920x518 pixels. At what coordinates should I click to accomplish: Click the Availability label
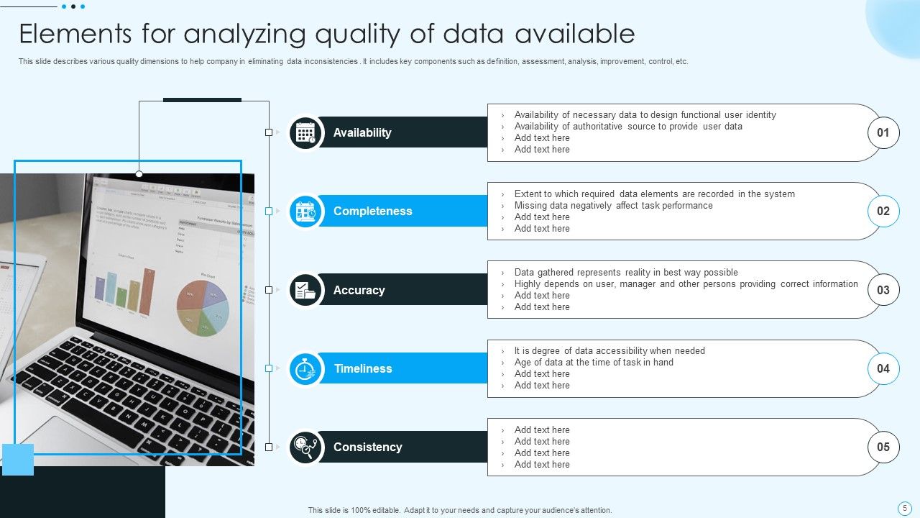[362, 132]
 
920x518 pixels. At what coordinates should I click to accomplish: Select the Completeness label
[372, 211]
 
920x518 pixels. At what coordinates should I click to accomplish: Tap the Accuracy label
[359, 290]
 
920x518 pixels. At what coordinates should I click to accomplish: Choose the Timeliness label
[363, 368]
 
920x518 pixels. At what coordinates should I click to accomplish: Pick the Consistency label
[367, 447]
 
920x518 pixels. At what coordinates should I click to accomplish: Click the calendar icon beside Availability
[305, 133]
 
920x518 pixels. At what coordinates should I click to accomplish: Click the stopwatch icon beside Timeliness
[305, 369]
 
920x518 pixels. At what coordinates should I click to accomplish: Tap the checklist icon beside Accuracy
[305, 290]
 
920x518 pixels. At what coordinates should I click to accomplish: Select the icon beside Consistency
[305, 447]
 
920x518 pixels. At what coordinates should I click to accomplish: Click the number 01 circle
[883, 132]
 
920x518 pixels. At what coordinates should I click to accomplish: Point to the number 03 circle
[883, 290]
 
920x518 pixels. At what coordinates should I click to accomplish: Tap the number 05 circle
[883, 447]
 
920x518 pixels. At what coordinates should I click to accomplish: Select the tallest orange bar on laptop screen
[149, 292]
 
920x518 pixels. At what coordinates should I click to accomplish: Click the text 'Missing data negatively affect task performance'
[613, 205]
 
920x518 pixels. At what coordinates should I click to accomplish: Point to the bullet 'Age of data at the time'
[594, 362]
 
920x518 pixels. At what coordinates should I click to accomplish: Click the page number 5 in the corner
[905, 507]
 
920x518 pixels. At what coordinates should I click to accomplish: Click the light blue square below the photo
[18, 459]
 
